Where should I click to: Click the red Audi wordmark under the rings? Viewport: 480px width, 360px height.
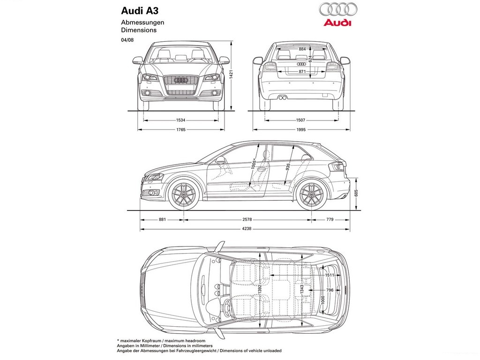tap(337, 22)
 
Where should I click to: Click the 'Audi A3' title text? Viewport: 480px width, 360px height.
tap(140, 11)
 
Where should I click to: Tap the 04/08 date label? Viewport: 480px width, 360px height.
tap(127, 39)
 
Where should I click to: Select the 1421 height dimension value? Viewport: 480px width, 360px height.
tap(232, 75)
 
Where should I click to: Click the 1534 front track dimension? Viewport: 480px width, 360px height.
tap(180, 120)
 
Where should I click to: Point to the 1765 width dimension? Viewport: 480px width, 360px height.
tap(180, 129)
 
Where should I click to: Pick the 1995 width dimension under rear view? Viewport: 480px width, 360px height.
tap(301, 129)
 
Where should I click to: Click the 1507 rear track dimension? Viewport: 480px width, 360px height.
tap(301, 120)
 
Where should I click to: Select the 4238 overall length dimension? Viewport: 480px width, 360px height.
tap(247, 228)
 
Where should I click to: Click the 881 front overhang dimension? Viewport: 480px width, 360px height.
tap(162, 219)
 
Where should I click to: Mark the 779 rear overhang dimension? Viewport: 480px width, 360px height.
tap(330, 219)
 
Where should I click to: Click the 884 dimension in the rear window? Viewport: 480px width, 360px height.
tap(302, 49)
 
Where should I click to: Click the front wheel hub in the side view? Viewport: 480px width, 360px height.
tap(184, 195)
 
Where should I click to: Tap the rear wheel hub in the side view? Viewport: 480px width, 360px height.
tap(312, 195)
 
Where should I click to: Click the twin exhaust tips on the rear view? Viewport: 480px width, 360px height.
tap(282, 98)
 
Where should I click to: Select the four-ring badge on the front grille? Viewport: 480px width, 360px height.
tap(180, 80)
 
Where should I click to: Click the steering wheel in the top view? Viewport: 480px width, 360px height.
tap(226, 306)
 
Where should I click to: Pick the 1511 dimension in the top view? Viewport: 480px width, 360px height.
tap(330, 275)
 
